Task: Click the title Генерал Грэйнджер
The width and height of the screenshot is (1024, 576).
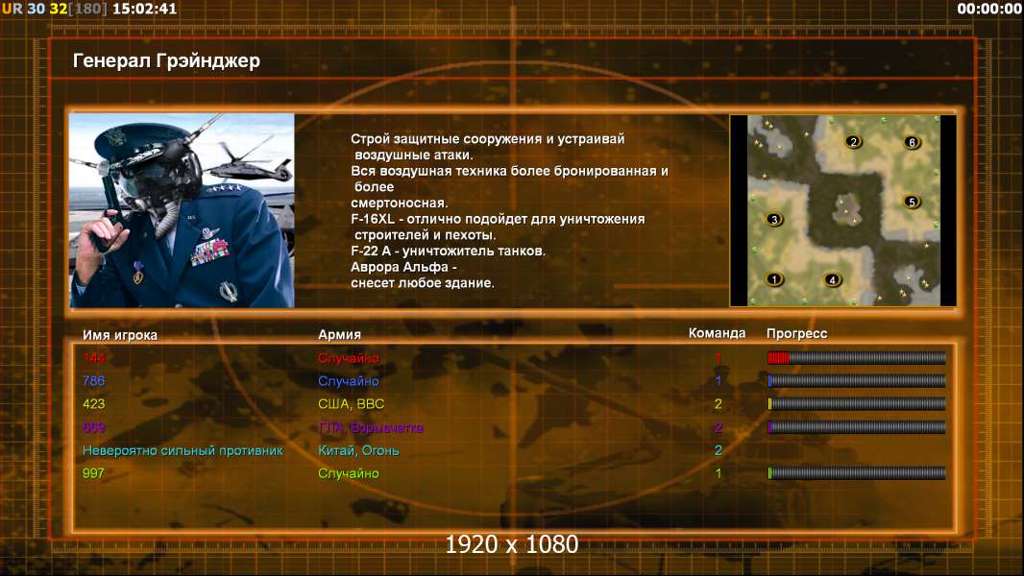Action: [166, 61]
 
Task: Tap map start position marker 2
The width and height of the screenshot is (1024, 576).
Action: [853, 141]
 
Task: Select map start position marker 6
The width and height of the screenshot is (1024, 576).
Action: [912, 142]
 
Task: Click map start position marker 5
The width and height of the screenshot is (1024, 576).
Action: [912, 202]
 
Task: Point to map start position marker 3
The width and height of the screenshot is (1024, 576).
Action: [774, 219]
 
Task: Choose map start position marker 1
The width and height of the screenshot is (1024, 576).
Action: [774, 279]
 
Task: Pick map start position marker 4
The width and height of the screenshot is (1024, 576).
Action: [832, 280]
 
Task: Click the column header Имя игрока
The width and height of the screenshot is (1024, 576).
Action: [119, 335]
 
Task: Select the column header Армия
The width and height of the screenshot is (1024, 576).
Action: [340, 335]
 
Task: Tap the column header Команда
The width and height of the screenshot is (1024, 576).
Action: [717, 333]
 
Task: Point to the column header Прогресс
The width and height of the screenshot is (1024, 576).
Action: [796, 334]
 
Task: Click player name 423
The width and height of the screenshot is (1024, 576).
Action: [93, 404]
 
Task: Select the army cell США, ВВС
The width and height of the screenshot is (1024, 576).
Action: [351, 404]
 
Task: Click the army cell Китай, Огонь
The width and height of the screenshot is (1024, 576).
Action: [358, 451]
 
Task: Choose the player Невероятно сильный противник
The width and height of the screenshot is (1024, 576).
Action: [183, 451]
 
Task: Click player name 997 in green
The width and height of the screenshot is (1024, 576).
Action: [93, 473]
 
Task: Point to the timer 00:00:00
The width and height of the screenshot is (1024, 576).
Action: [988, 9]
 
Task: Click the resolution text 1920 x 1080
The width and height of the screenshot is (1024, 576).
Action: [511, 544]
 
